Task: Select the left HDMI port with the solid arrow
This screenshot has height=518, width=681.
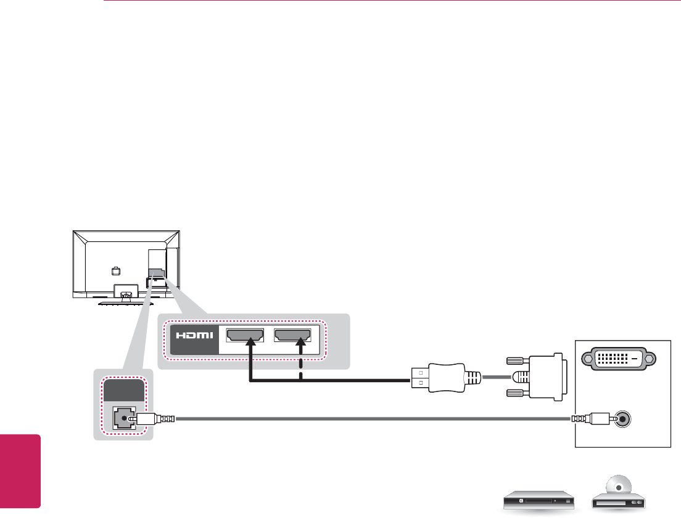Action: pos(245,335)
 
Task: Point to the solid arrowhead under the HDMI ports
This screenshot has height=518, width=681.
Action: pos(250,348)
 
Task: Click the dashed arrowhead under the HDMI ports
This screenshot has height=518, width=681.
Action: pos(301,348)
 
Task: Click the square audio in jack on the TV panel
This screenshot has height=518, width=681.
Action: pos(124,418)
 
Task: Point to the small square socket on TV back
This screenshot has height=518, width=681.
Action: pos(115,270)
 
